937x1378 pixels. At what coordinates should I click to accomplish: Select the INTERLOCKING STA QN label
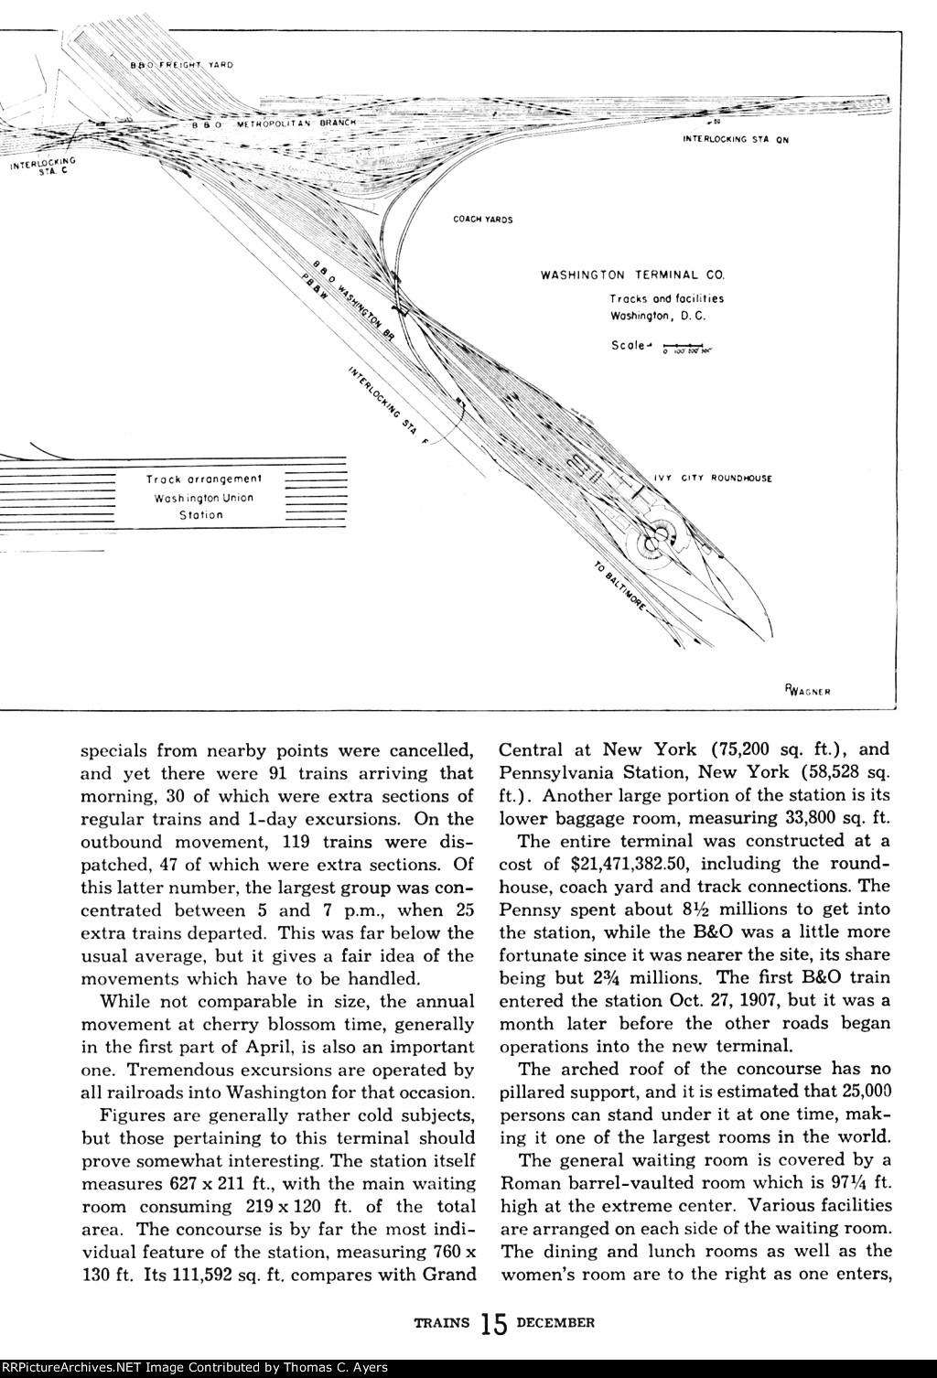click(x=736, y=140)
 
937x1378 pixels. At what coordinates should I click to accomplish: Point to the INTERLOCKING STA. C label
click(x=43, y=166)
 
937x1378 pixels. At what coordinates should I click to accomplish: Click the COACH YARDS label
click(x=482, y=220)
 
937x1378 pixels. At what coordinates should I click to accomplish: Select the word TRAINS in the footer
click(x=441, y=1321)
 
